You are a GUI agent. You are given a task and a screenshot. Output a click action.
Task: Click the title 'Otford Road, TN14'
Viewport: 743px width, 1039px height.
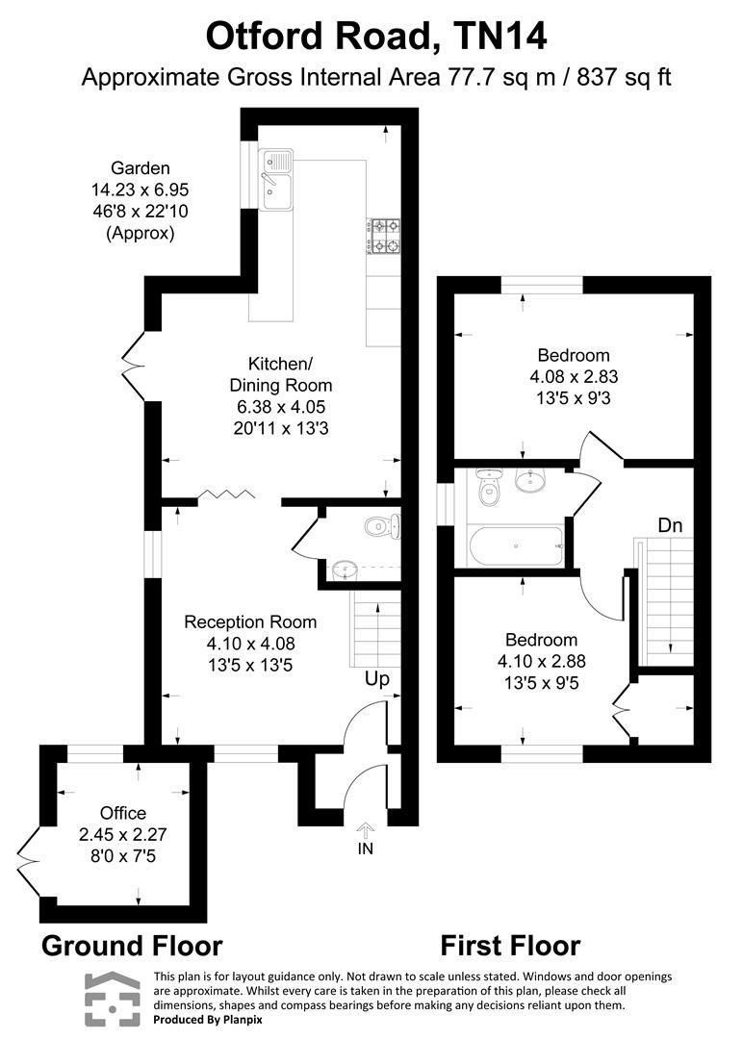click(376, 37)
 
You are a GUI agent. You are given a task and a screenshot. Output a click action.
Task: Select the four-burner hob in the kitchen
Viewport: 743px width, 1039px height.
click(382, 238)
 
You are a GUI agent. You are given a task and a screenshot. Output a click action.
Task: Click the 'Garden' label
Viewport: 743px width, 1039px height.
click(140, 168)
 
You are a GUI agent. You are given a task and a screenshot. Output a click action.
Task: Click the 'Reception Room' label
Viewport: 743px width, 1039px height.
click(250, 622)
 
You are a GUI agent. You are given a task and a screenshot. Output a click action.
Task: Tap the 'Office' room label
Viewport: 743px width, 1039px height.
click(122, 813)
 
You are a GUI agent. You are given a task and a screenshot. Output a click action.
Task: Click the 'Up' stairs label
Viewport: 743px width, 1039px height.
click(376, 679)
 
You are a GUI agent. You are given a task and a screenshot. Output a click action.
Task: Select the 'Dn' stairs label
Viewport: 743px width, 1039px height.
click(671, 525)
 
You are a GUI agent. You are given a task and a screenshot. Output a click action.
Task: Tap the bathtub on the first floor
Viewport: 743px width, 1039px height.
click(517, 545)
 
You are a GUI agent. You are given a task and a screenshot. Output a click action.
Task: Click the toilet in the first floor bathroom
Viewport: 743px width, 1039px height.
click(490, 488)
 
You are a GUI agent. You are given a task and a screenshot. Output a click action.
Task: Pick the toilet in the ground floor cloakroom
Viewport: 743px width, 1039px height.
click(381, 525)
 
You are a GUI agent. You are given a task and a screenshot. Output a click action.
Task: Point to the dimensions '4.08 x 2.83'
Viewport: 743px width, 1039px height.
click(574, 375)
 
